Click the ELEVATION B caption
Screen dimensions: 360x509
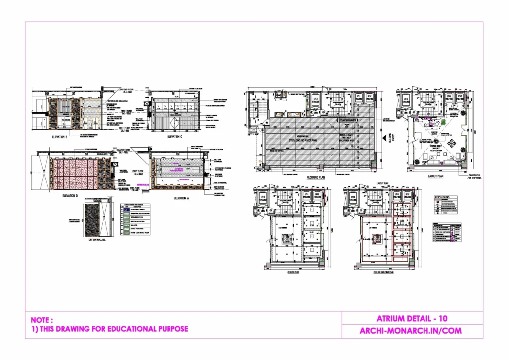(63, 136)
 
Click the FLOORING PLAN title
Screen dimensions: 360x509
(316, 176)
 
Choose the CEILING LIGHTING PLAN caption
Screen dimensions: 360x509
(383, 272)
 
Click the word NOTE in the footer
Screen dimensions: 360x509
(41, 320)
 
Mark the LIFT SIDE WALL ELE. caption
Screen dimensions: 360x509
(98, 240)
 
